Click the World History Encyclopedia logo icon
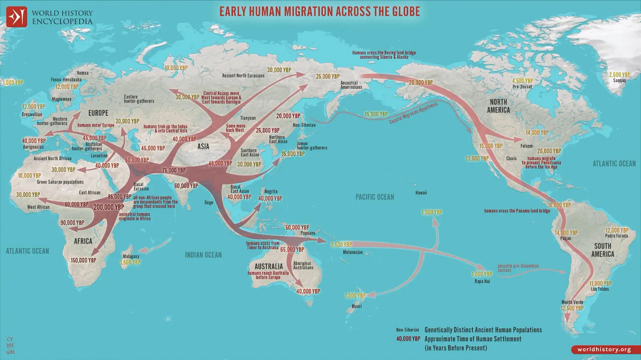click(x=16, y=17)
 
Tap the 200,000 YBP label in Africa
click(x=109, y=207)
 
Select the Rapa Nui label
click(x=482, y=281)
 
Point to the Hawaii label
click(x=421, y=193)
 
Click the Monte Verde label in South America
click(x=572, y=302)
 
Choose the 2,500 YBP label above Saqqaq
click(x=619, y=75)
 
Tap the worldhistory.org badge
click(x=607, y=349)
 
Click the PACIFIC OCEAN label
click(x=375, y=197)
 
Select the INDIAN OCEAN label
click(x=203, y=255)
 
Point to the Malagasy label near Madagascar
click(x=131, y=256)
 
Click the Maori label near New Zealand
click(x=357, y=306)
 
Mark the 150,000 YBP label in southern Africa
click(x=83, y=260)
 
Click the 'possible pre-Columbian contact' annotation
click(x=518, y=268)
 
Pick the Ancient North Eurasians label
click(x=243, y=76)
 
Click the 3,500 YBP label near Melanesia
click(x=341, y=244)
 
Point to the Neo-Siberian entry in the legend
click(x=407, y=330)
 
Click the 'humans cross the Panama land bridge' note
click(x=517, y=211)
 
